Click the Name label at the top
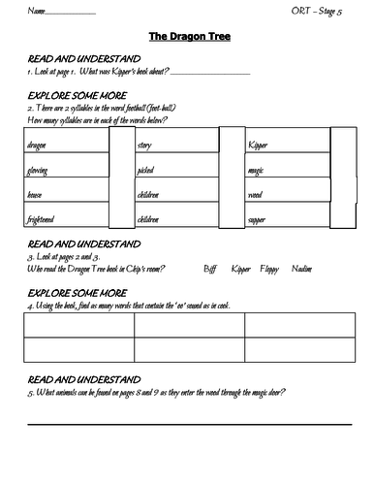(x=36, y=11)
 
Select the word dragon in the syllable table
(x=38, y=145)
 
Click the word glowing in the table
(x=39, y=170)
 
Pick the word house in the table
(x=36, y=194)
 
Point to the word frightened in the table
(x=44, y=218)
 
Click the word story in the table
(x=145, y=145)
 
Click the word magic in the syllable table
(x=257, y=170)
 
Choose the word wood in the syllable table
(x=256, y=194)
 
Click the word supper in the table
(x=258, y=218)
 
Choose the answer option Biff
(x=212, y=267)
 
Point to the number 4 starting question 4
(x=29, y=305)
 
